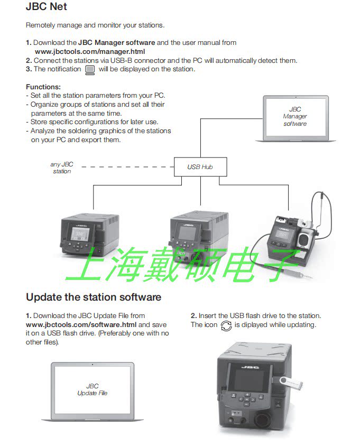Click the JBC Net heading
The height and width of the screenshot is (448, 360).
click(x=47, y=7)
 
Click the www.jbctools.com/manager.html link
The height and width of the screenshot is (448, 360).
click(x=89, y=52)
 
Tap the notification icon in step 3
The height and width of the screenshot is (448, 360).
click(x=90, y=69)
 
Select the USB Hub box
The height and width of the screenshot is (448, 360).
click(x=200, y=167)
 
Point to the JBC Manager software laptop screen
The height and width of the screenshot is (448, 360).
click(x=295, y=117)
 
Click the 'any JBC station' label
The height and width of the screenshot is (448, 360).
click(x=62, y=167)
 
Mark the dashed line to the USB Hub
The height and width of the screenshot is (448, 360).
click(x=127, y=167)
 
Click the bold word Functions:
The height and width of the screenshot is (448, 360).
click(x=43, y=86)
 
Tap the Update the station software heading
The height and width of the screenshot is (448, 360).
click(x=94, y=297)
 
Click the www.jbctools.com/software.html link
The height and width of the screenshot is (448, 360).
click(x=81, y=324)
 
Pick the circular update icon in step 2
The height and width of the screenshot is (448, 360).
click(x=226, y=325)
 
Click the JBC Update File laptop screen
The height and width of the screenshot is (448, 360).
click(x=93, y=390)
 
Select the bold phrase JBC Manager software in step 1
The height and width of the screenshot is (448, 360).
click(x=117, y=42)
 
